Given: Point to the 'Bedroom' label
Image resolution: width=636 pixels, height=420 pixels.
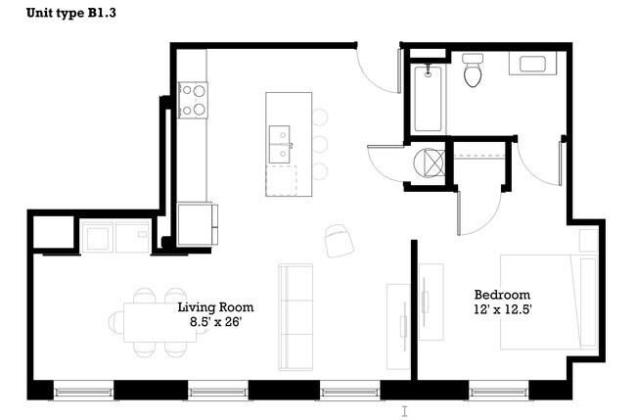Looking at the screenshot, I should (x=502, y=295).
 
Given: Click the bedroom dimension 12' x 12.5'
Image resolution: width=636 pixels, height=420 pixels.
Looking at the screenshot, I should (x=502, y=310).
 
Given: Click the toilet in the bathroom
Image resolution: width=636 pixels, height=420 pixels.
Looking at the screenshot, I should (x=475, y=70).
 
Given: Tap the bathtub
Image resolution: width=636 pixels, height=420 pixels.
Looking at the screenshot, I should (x=429, y=99).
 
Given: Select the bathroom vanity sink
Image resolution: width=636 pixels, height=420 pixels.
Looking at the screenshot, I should (x=533, y=66).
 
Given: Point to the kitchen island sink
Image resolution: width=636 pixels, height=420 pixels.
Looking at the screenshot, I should (x=280, y=143).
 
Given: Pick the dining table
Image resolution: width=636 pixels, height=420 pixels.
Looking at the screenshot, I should (x=159, y=321).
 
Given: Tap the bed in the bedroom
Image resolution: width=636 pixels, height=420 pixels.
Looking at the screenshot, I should (x=548, y=301).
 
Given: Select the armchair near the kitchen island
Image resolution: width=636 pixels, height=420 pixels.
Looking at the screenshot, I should (x=337, y=238).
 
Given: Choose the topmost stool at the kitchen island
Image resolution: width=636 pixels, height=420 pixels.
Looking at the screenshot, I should (x=319, y=117).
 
